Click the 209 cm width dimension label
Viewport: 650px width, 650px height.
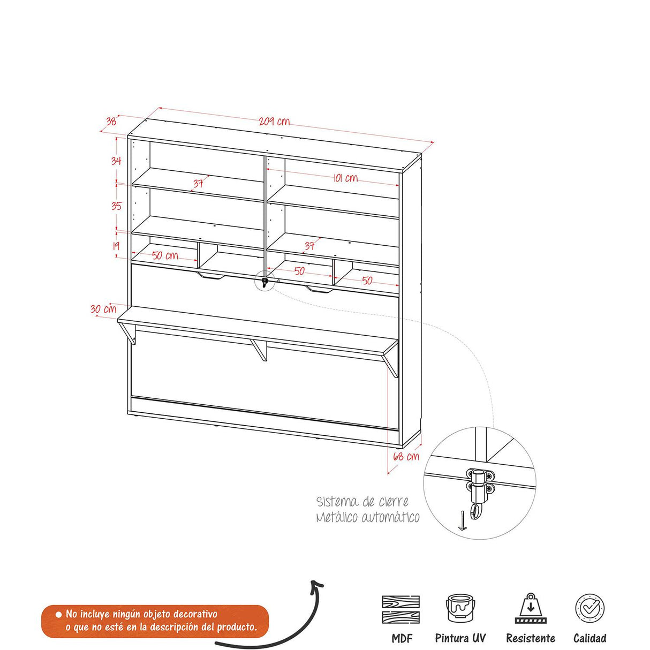click(x=274, y=122)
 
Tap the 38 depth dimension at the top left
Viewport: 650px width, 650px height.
click(x=111, y=122)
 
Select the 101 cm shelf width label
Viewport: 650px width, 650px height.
click(x=345, y=178)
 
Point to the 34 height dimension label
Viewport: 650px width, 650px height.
click(x=116, y=160)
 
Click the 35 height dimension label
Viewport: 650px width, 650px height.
click(x=116, y=206)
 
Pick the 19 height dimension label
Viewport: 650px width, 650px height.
click(x=116, y=246)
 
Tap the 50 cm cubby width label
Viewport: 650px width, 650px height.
click(x=165, y=255)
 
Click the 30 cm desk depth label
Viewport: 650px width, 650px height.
click(x=103, y=309)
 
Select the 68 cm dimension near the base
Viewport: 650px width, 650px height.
click(x=406, y=457)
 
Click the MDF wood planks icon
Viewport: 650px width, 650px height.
click(x=401, y=609)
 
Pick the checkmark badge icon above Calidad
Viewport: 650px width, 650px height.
click(x=589, y=609)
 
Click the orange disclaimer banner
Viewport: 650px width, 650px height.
click(x=155, y=621)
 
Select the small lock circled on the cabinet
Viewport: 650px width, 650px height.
click(x=264, y=281)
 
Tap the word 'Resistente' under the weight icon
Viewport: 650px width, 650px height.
click(x=531, y=638)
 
